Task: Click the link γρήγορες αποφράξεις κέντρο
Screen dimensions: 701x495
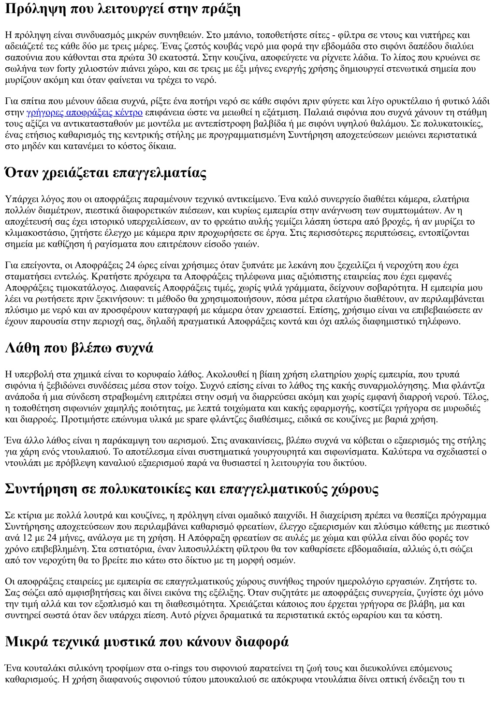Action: pos(85,113)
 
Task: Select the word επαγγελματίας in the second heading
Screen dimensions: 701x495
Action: pos(159,173)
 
